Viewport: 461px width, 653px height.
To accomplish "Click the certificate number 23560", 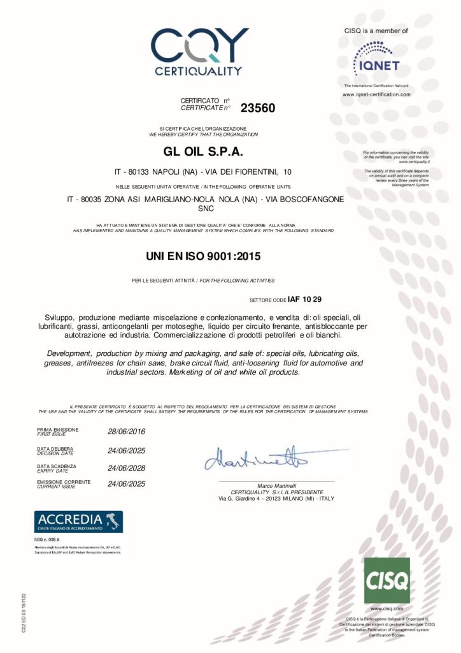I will [258, 108].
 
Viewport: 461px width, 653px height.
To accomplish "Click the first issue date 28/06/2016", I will [127, 432].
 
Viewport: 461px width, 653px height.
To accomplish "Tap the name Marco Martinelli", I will [276, 486].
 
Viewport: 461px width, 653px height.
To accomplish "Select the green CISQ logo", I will [387, 580].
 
